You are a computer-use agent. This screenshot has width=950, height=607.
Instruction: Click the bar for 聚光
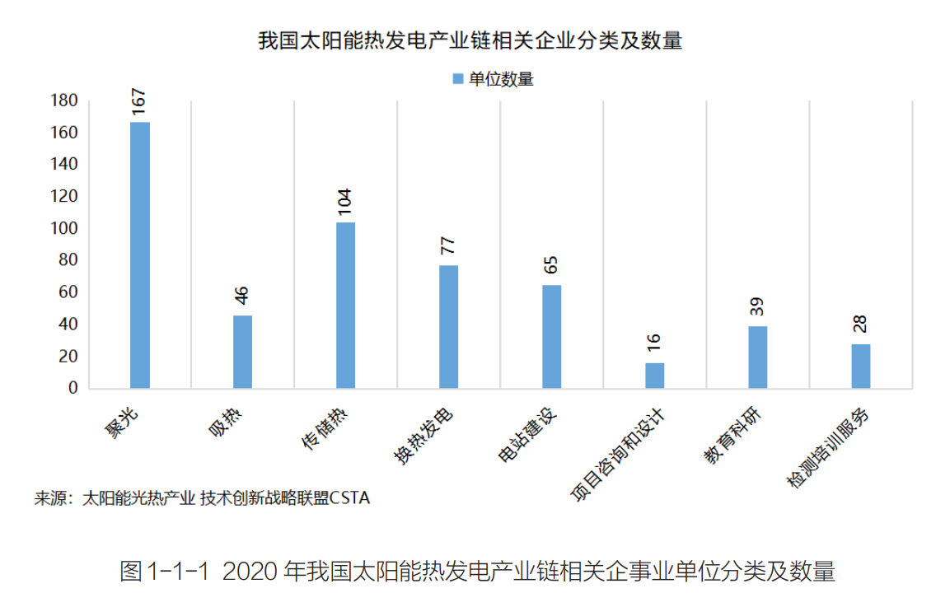pos(140,254)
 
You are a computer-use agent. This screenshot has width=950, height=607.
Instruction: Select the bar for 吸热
pos(243,352)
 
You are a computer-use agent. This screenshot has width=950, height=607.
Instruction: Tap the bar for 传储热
pos(346,305)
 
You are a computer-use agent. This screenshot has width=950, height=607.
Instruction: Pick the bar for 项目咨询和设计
pos(655,376)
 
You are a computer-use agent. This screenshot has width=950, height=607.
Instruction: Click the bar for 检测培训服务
pos(861,366)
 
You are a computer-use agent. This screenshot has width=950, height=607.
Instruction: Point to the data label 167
pos(138,98)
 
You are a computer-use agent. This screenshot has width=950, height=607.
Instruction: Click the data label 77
pos(448,245)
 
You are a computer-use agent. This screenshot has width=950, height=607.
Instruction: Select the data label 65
pos(551,265)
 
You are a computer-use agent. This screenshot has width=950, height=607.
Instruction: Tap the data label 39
pos(757,306)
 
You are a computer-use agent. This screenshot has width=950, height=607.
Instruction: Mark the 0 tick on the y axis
pos(73,388)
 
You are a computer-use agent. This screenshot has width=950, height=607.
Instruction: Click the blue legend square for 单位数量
pos(458,79)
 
